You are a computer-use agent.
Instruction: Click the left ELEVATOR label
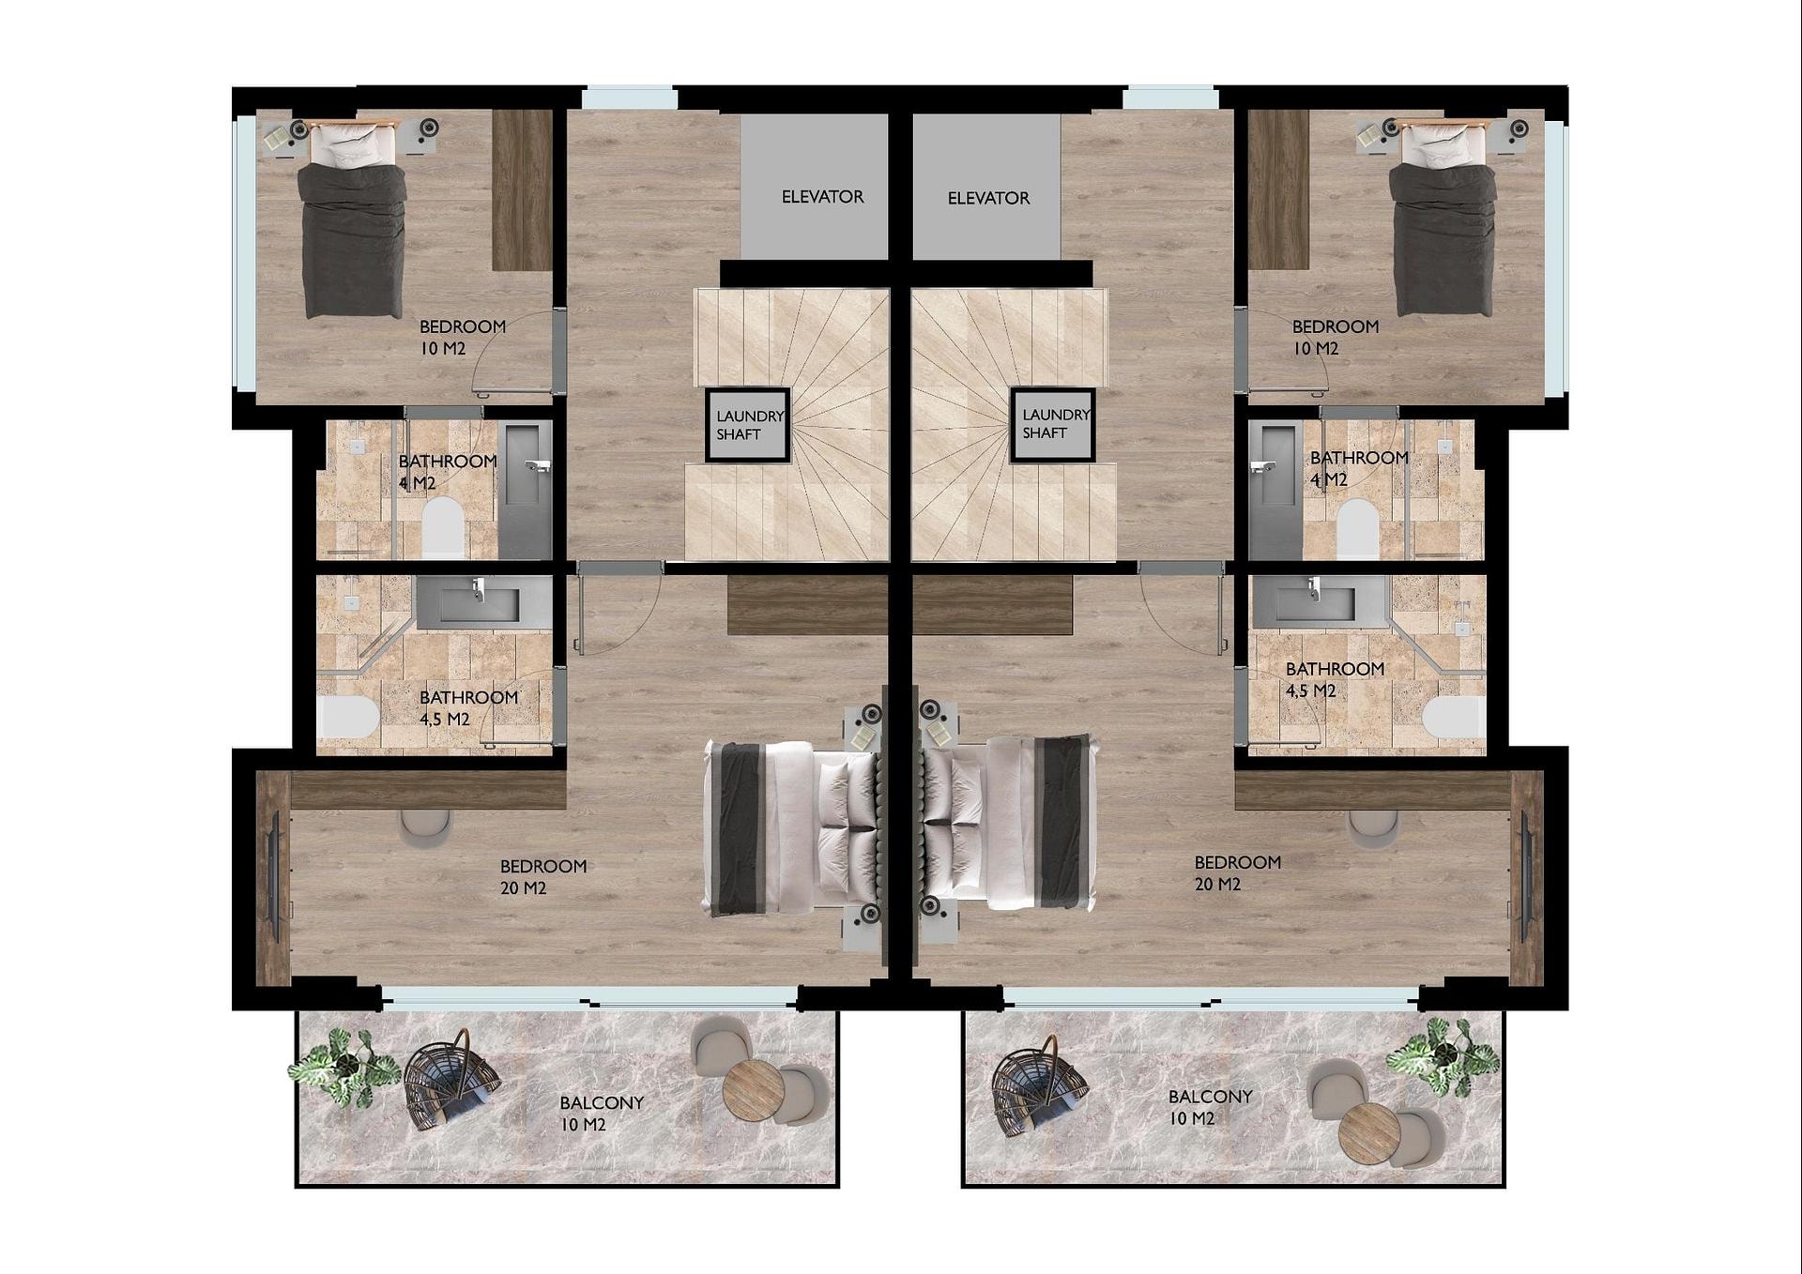coord(822,197)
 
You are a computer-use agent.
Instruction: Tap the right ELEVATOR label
coord(988,198)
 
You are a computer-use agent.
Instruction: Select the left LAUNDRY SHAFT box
coord(748,425)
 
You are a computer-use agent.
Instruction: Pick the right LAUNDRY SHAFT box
coord(1053,424)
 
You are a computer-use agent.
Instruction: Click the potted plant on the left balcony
coord(344,1067)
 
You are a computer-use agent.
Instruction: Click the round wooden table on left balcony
coord(753,1089)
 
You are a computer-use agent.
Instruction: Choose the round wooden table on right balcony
coord(1369,1133)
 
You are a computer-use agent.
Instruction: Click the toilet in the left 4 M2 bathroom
coord(443,527)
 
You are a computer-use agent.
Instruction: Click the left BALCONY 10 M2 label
coord(601,1114)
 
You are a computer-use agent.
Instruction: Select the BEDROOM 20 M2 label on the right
coord(1237,872)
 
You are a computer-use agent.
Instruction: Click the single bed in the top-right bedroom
coord(1443,219)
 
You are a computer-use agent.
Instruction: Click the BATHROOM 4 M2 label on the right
coord(1358,468)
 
